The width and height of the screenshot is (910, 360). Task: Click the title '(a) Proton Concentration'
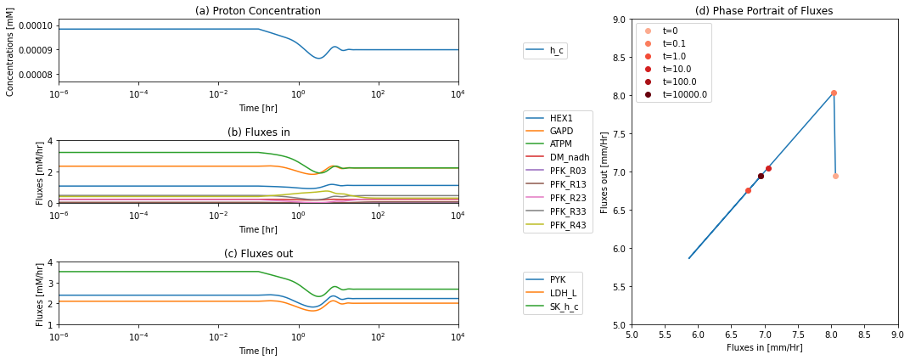pyautogui.click(x=258, y=10)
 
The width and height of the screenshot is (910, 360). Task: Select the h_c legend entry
pyautogui.click(x=545, y=51)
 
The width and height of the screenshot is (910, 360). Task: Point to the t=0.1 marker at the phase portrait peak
pyautogui.click(x=834, y=93)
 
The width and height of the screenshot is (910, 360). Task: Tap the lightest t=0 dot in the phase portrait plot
pyautogui.click(x=835, y=176)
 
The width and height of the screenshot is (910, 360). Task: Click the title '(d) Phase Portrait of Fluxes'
pyautogui.click(x=765, y=10)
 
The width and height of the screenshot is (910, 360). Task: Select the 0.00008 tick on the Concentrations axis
pyautogui.click(x=37, y=75)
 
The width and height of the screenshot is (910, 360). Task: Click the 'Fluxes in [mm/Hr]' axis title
pyautogui.click(x=765, y=346)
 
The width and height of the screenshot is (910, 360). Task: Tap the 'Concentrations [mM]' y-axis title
pyautogui.click(x=10, y=50)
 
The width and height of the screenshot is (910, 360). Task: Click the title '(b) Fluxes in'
pyautogui.click(x=258, y=132)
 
